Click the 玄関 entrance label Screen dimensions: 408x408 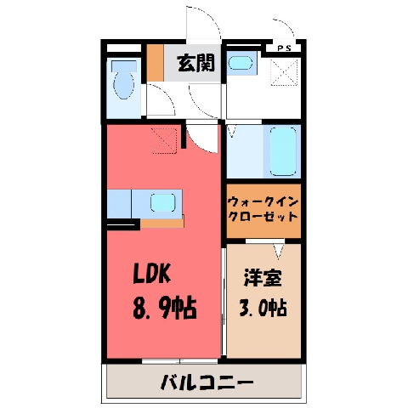coord(195,63)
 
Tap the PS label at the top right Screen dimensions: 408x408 coord(284,48)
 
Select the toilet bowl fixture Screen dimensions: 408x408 coord(123,81)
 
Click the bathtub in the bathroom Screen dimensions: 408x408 coord(283,151)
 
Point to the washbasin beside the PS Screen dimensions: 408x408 coord(241,63)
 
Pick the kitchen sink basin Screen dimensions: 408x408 coord(162,202)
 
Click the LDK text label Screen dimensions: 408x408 coord(152,274)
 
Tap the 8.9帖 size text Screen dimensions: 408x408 coord(165,308)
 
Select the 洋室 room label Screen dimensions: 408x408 coord(263,278)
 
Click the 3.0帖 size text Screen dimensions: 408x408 coord(263,308)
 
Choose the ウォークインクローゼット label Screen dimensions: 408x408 coord(263,210)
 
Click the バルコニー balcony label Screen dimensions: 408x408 coord(207,382)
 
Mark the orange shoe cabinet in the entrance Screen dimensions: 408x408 coord(155,63)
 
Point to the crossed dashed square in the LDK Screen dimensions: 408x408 coord(164,140)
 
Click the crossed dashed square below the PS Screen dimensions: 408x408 coord(285,72)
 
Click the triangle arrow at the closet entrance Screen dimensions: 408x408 coord(278,252)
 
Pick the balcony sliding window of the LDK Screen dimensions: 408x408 coord(179,361)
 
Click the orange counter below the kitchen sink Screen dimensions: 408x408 coord(162,223)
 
